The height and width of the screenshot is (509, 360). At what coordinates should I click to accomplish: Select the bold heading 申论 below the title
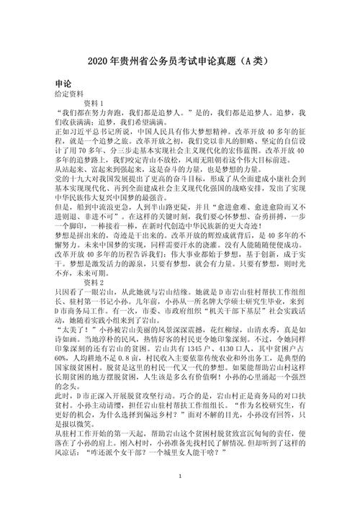[x=63, y=83]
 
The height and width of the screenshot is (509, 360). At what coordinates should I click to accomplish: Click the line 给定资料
[x=69, y=94]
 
